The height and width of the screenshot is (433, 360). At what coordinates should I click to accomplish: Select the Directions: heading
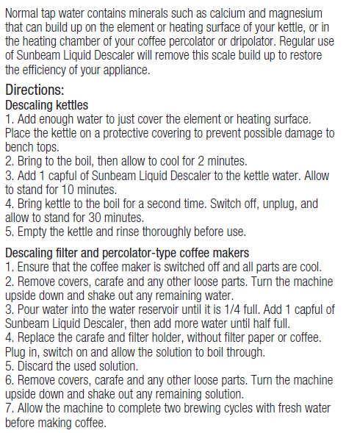pyautogui.click(x=35, y=90)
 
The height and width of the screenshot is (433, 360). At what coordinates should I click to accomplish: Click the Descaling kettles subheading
pyautogui.click(x=46, y=105)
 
